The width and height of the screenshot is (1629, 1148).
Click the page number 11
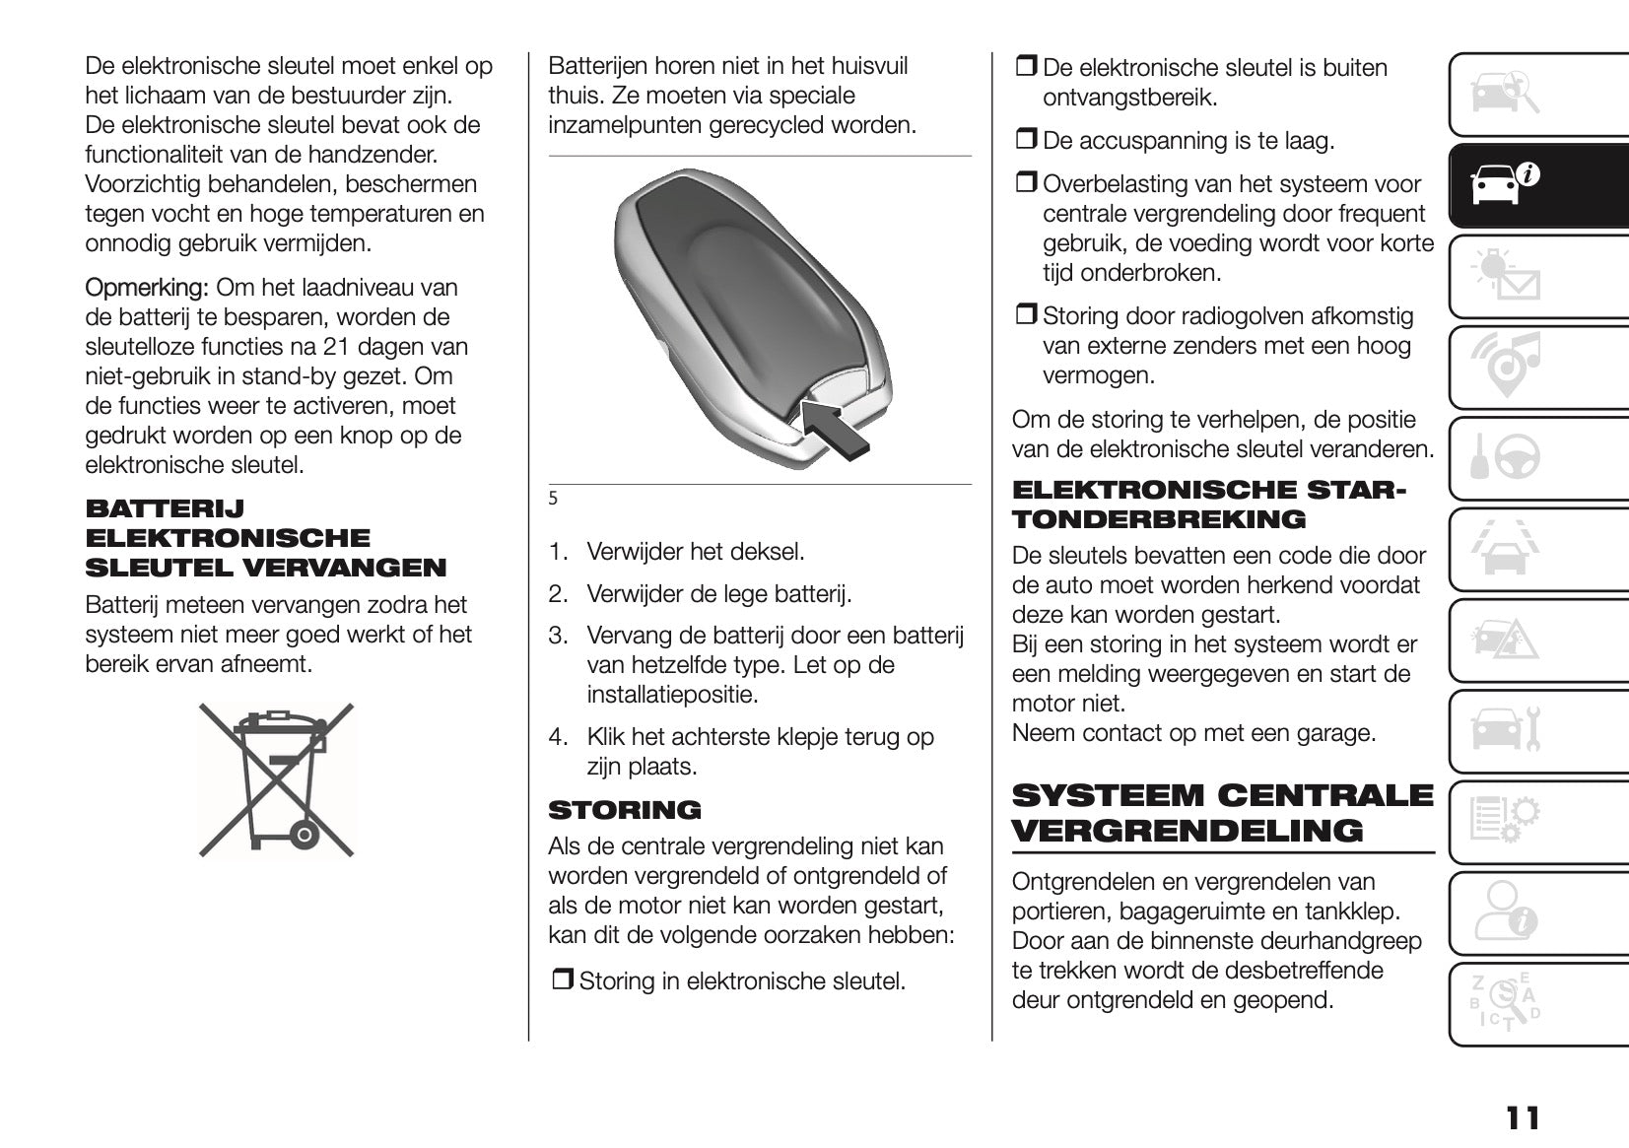point(1522,1118)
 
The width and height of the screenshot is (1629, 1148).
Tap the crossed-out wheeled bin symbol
point(276,778)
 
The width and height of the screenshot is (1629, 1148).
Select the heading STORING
point(625,810)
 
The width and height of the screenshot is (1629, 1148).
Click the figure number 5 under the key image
point(553,499)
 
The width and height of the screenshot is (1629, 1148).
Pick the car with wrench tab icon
point(1504,729)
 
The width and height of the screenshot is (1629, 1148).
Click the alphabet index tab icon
point(1504,1002)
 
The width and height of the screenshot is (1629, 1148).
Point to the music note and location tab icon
point(1504,366)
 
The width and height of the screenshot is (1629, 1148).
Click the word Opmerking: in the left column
point(146,288)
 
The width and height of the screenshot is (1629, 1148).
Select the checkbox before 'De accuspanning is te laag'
point(1026,140)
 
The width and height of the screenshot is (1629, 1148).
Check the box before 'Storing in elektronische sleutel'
point(562,980)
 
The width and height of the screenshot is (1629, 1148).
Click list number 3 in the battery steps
point(558,636)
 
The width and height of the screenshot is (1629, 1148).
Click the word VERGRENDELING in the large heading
point(1188,831)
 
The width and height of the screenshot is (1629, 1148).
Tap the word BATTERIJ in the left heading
point(165,508)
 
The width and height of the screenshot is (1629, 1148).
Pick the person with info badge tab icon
point(1504,912)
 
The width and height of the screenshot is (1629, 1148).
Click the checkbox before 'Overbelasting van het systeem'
point(1026,183)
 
